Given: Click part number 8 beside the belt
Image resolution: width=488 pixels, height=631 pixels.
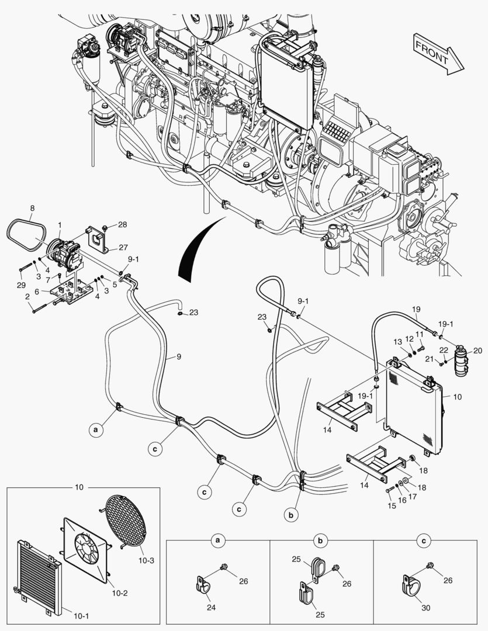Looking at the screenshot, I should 32,207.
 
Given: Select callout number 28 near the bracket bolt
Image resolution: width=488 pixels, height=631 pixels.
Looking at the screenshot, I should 122,225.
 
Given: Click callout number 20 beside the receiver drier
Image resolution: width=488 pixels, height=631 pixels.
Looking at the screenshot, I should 477,351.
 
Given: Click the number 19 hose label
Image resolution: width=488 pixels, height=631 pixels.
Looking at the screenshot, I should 416,308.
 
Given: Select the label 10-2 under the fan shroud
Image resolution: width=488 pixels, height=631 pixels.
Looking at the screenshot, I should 120,593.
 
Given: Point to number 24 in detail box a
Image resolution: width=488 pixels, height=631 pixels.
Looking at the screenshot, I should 212,608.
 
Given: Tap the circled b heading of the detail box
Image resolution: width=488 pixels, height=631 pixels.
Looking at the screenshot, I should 321,542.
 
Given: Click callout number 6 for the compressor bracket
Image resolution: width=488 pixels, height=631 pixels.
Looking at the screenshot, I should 37,292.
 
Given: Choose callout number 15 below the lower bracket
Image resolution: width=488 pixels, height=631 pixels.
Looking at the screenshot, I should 392,506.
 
